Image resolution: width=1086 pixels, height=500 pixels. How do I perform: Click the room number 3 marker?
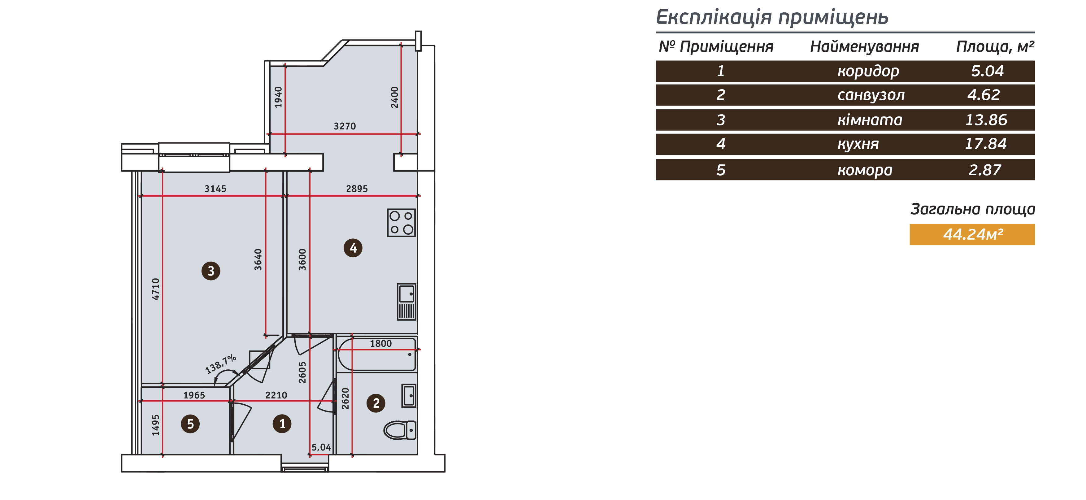[211, 271]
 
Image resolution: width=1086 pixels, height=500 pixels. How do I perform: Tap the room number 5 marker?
[190, 424]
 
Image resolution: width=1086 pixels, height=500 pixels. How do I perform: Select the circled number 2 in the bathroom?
[376, 403]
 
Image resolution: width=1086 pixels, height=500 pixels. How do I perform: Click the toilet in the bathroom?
[400, 430]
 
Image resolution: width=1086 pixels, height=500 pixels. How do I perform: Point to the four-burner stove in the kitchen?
[401, 223]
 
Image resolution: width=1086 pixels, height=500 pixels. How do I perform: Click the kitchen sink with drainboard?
[407, 302]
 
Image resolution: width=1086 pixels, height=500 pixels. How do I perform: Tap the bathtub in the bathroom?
[377, 354]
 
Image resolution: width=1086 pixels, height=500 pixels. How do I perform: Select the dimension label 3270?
[345, 126]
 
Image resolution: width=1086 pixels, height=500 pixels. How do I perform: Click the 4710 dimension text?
[156, 289]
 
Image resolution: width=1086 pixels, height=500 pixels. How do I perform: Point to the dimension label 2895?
[357, 189]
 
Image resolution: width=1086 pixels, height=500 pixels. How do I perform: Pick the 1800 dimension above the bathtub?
[381, 344]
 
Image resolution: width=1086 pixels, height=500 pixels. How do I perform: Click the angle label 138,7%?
[220, 364]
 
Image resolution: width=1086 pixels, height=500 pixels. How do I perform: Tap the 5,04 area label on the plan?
[321, 447]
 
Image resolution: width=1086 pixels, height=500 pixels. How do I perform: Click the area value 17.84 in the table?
[986, 144]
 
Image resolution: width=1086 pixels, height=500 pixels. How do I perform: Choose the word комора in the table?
[865, 170]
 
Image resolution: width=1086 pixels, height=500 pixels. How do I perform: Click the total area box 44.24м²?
[972, 234]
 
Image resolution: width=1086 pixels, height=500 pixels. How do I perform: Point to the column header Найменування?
[864, 46]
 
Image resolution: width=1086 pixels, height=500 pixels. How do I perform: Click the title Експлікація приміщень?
[772, 17]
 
